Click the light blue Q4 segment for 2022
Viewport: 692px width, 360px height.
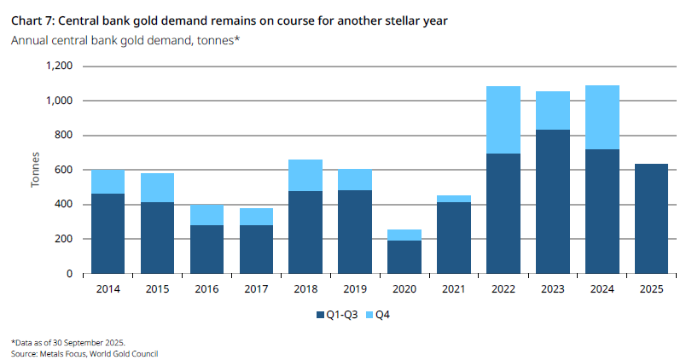(x=503, y=120)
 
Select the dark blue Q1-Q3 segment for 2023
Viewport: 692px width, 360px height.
(x=553, y=201)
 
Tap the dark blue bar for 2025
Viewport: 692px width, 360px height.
(x=651, y=219)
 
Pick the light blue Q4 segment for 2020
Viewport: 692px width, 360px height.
(x=404, y=235)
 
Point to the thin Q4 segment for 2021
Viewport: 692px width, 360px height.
(x=454, y=199)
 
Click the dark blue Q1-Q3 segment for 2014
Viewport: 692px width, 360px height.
(x=108, y=234)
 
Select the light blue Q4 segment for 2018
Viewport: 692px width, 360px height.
(x=305, y=176)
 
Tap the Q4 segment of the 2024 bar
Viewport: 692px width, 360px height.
(x=602, y=118)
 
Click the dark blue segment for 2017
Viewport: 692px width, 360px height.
(x=257, y=250)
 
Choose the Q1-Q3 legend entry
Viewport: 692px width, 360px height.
(x=337, y=315)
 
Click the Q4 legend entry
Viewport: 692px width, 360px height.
(x=378, y=315)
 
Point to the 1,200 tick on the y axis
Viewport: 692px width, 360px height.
(x=59, y=67)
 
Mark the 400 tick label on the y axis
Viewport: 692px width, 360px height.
(x=64, y=204)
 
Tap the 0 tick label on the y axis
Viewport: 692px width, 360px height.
(x=69, y=274)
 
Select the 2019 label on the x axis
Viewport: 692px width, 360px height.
(x=355, y=289)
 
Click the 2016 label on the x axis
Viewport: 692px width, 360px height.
(x=206, y=289)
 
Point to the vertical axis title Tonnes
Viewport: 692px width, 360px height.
(x=35, y=170)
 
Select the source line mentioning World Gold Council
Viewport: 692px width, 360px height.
(x=84, y=354)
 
